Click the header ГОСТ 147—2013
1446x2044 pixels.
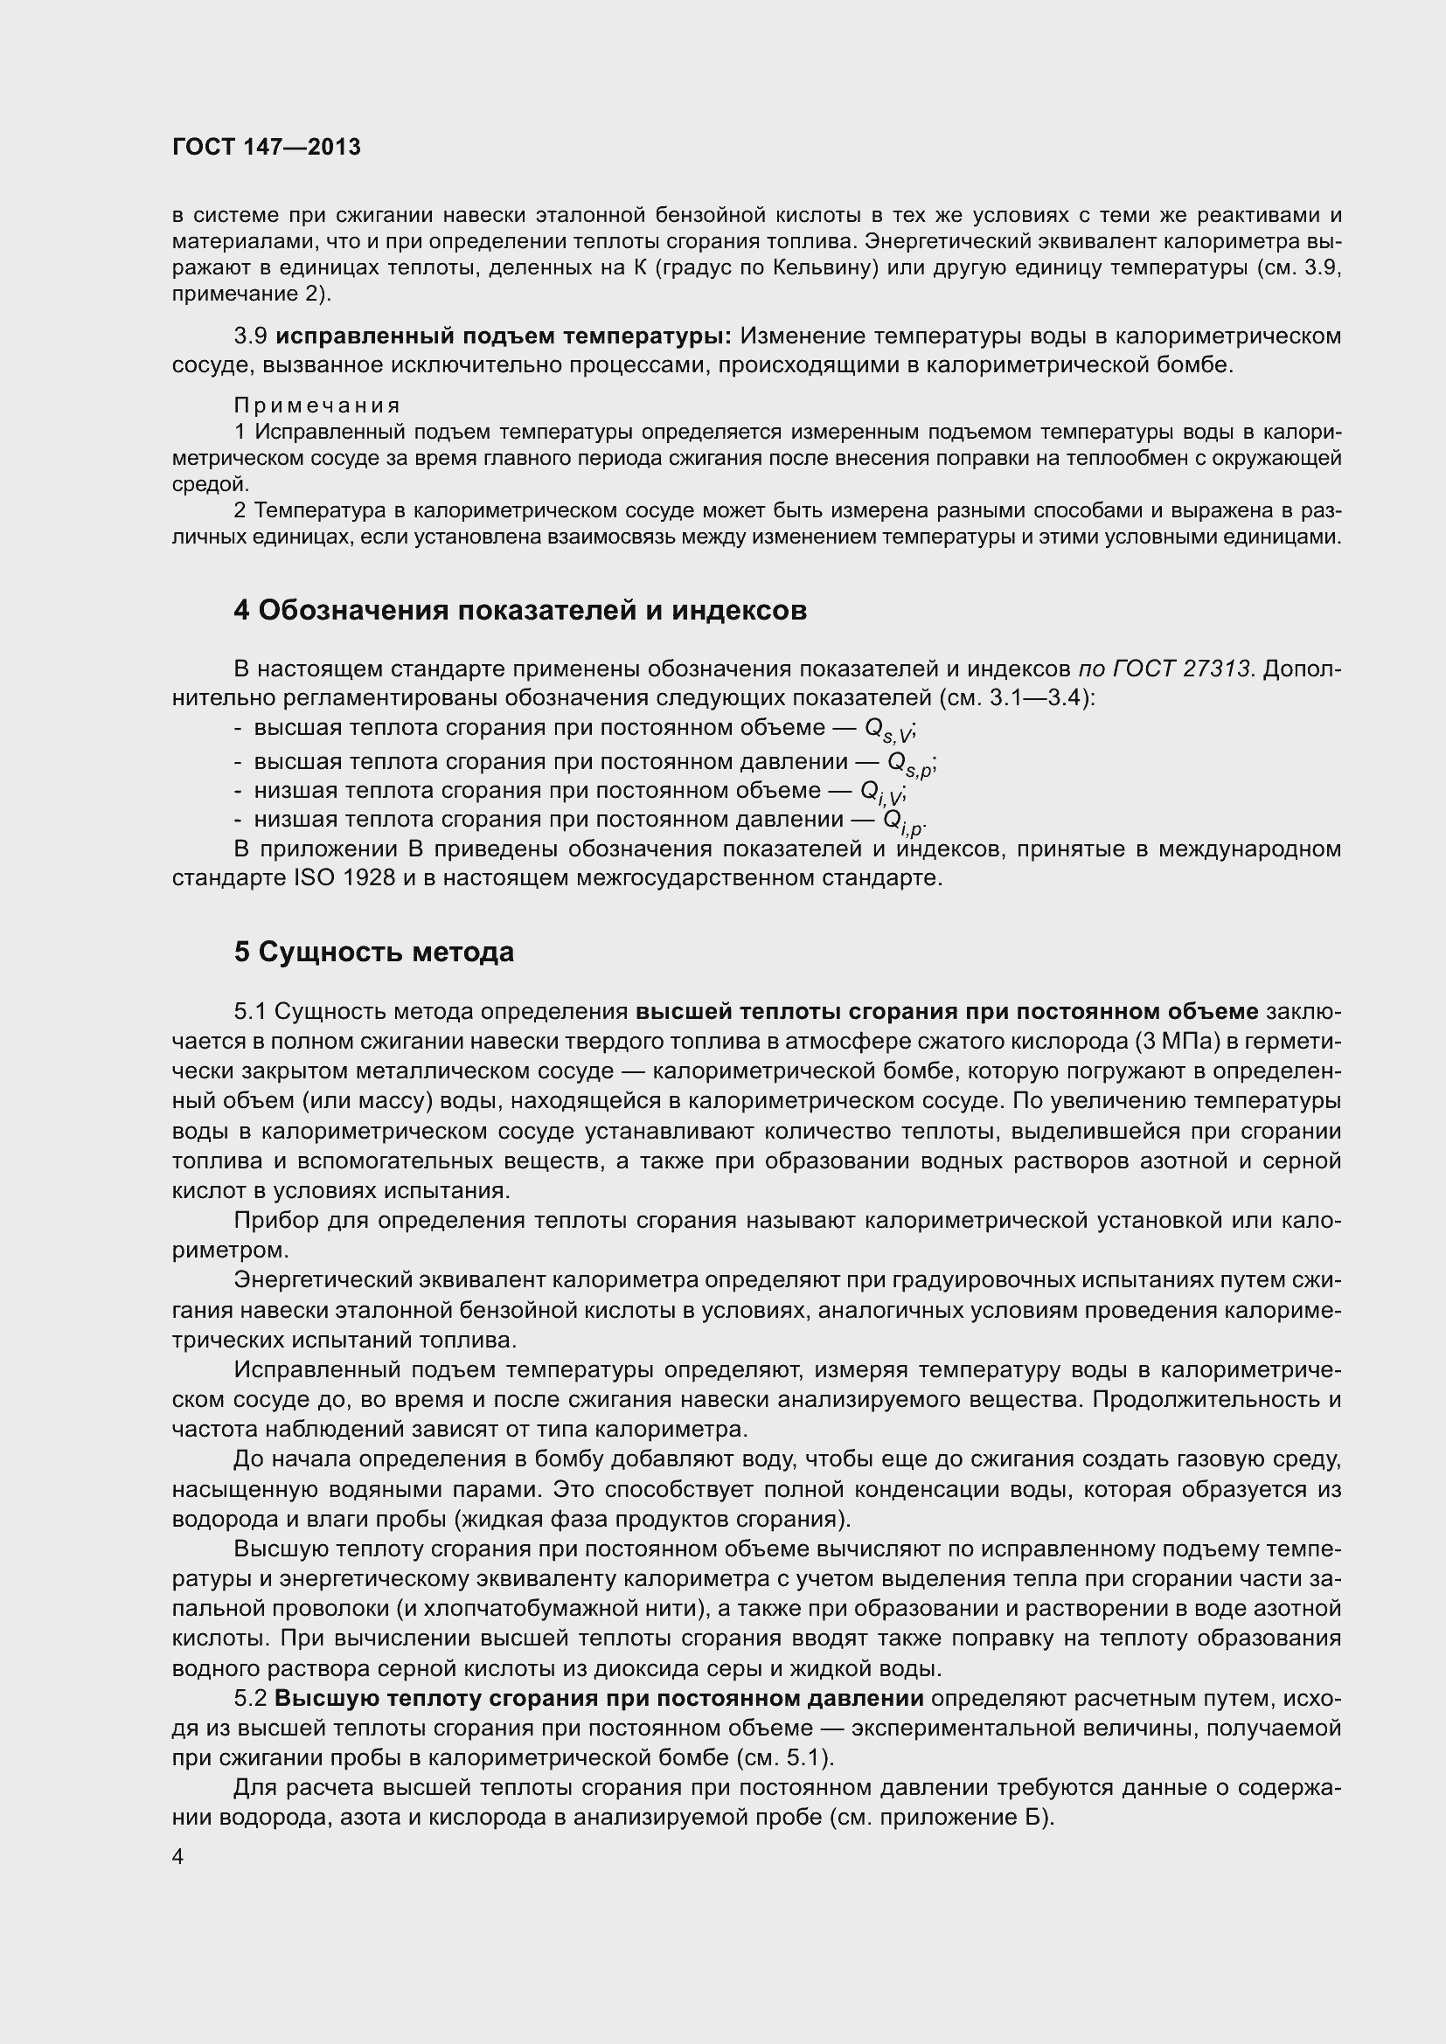click(x=267, y=147)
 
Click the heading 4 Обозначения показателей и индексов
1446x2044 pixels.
click(x=520, y=611)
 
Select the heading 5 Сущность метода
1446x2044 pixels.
click(x=374, y=953)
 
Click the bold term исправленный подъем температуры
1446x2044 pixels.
click(x=503, y=336)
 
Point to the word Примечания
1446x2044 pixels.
click(x=317, y=406)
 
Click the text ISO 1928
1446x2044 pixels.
click(x=344, y=878)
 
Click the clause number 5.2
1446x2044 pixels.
click(x=250, y=1699)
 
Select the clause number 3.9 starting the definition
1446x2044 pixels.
click(x=250, y=336)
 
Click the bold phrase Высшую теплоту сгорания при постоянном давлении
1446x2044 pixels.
click(x=598, y=1699)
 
